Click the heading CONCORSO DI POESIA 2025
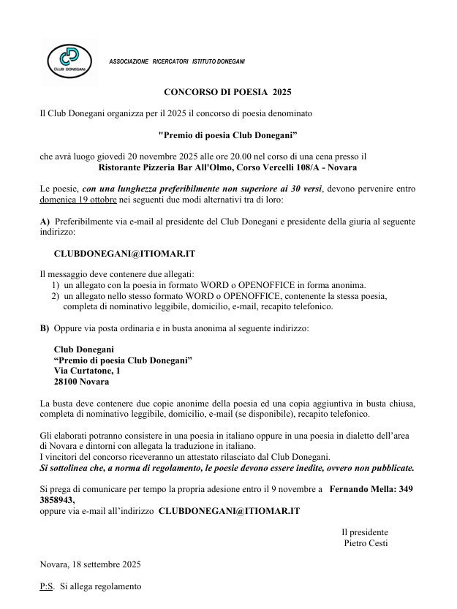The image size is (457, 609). pos(227,93)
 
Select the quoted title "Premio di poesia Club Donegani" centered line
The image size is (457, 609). pos(227,135)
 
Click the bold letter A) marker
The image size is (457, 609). pos(45,221)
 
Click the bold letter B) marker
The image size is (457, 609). pos(45,328)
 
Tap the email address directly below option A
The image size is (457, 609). pos(124,253)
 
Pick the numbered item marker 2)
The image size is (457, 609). pos(56,296)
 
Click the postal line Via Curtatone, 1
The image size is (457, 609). pos(87,371)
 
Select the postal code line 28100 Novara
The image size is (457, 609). pos(81,382)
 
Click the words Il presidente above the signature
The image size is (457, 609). pos(365,532)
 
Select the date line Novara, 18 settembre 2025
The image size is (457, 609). pos(90,564)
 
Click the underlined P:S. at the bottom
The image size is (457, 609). pos(47,586)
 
